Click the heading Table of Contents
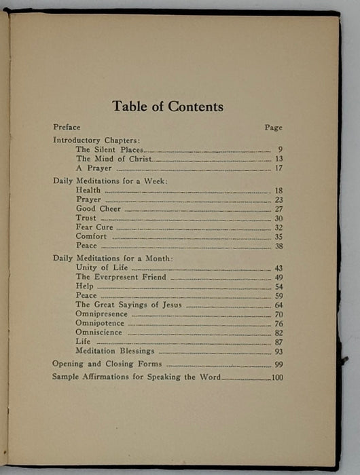click(167, 107)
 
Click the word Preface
click(67, 127)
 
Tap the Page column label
click(273, 128)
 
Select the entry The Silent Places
click(109, 149)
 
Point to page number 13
click(278, 159)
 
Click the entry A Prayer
click(94, 168)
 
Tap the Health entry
click(88, 191)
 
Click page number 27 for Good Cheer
click(278, 209)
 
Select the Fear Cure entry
click(94, 227)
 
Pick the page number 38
click(278, 246)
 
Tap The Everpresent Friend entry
click(116, 278)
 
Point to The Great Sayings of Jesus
click(129, 305)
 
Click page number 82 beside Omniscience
click(278, 333)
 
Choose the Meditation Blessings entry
click(115, 351)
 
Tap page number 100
click(276, 377)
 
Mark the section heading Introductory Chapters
click(96, 140)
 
